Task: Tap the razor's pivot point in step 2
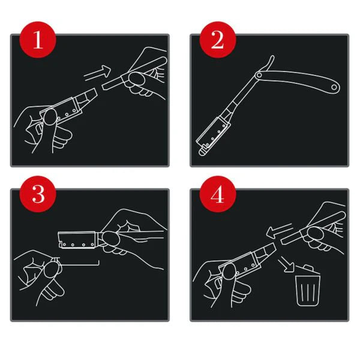click(x=259, y=74)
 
